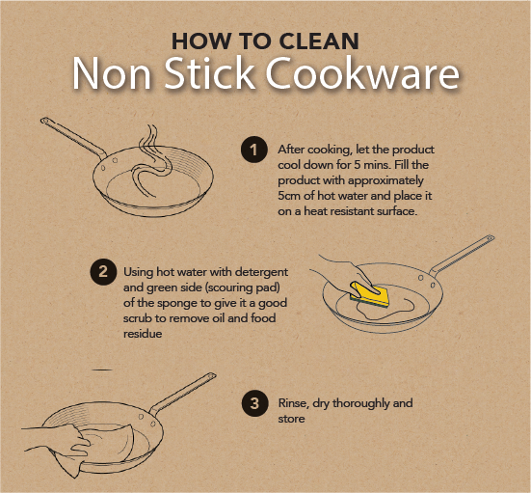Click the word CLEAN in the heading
tap(319, 41)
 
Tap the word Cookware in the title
tap(362, 73)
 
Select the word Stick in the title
tap(210, 73)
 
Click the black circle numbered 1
tap(254, 150)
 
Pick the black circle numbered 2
tap(103, 272)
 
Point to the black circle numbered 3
tap(254, 403)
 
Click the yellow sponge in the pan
tap(370, 293)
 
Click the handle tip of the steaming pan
tap(44, 121)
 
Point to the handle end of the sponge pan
tap(490, 238)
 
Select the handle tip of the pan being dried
tap(212, 375)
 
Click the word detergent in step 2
tap(261, 272)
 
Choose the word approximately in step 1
tap(385, 180)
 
